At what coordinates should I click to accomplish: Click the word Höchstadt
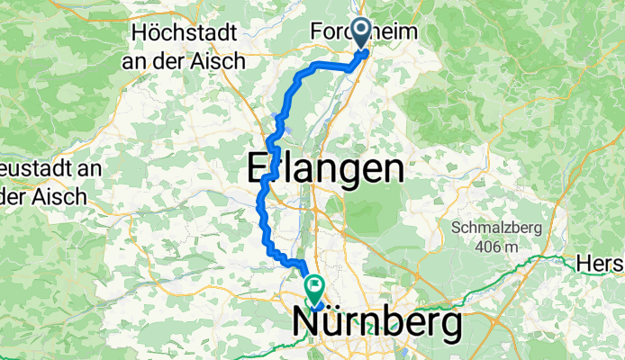184,34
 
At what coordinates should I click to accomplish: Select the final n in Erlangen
390,168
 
